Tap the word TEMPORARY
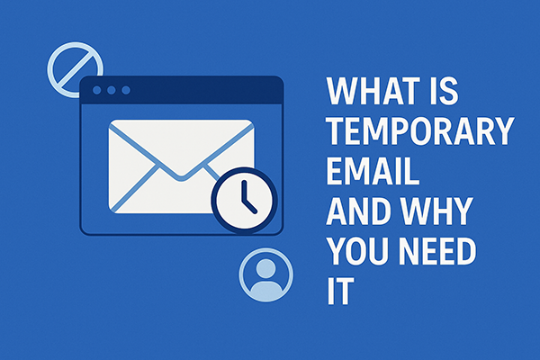[420, 133]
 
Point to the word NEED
[445, 254]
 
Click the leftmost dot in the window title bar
[97, 91]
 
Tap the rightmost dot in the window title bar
[126, 91]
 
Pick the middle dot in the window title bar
[112, 91]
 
